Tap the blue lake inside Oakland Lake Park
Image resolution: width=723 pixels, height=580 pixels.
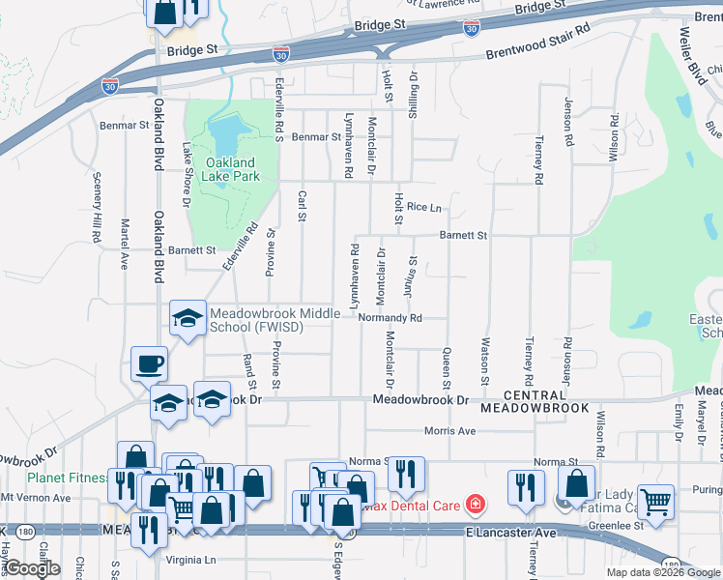click(225, 131)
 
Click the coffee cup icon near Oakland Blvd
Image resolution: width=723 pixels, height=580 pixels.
click(150, 364)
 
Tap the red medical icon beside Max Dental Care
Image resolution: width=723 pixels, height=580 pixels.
click(475, 503)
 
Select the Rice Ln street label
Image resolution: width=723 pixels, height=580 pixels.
click(423, 207)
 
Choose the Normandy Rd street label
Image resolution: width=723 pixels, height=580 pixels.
click(390, 318)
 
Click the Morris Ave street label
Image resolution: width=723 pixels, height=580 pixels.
click(450, 431)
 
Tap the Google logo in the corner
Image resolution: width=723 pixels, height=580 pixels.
click(33, 568)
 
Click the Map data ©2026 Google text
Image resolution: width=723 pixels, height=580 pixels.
click(663, 572)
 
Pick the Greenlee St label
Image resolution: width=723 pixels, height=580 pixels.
click(617, 526)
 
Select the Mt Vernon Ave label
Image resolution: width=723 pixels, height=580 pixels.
click(36, 498)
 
